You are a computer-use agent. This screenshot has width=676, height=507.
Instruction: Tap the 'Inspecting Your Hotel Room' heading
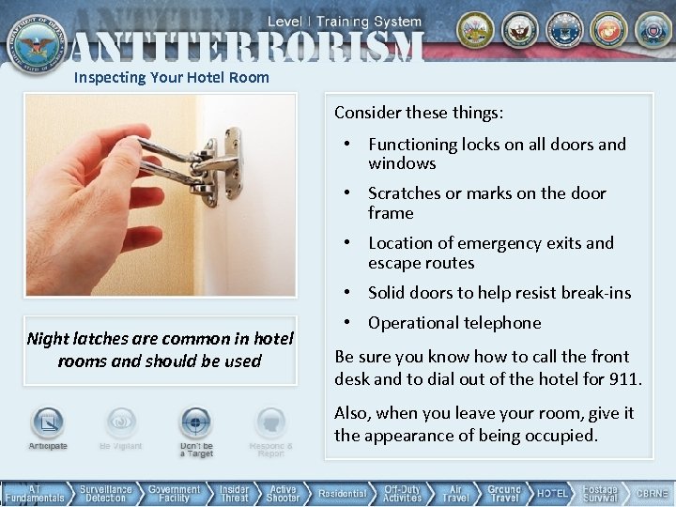click(x=171, y=78)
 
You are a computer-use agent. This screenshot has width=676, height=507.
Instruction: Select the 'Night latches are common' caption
click(x=160, y=349)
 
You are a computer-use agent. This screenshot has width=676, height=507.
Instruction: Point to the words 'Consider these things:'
click(x=419, y=113)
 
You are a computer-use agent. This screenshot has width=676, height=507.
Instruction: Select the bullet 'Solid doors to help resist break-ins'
click(x=499, y=293)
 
